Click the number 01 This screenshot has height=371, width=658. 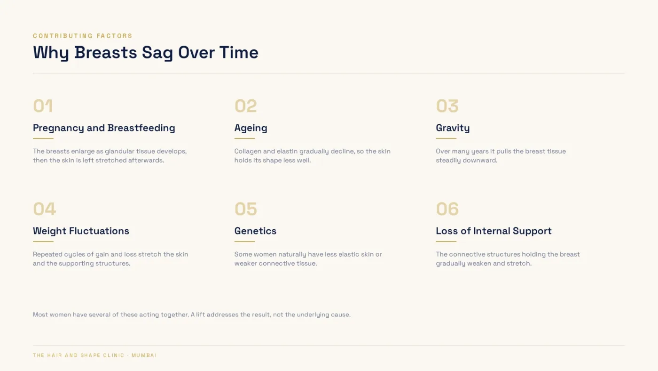[43, 106]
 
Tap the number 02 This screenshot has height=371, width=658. [245, 106]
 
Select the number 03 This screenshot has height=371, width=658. [447, 106]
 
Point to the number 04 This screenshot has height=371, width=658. [44, 209]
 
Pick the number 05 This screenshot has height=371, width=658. [245, 209]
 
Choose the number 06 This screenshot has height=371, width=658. [447, 209]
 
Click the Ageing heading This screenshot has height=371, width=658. [251, 128]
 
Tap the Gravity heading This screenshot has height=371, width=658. [453, 128]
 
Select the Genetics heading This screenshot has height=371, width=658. [255, 231]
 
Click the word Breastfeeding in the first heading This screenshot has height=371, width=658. [141, 128]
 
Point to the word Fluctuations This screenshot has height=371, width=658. [99, 231]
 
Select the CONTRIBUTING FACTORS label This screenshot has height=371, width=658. [83, 36]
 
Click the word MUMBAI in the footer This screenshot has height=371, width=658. [144, 355]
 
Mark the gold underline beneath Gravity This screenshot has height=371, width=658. [446, 138]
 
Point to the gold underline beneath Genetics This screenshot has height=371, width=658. [244, 241]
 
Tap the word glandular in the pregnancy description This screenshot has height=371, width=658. [119, 152]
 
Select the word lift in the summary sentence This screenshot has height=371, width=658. [200, 315]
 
